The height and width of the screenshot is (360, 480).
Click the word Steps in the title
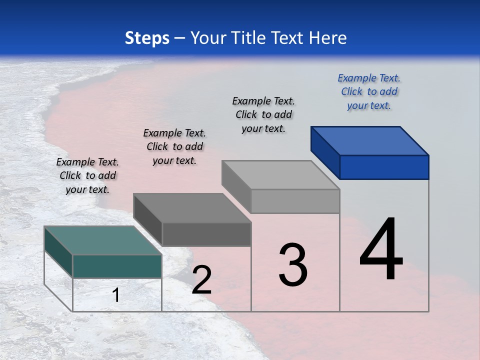pyautogui.click(x=147, y=38)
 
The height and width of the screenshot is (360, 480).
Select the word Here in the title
pyautogui.click(x=328, y=38)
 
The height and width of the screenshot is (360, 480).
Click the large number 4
pyautogui.click(x=381, y=250)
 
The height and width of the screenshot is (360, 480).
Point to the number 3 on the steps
pyautogui.click(x=293, y=265)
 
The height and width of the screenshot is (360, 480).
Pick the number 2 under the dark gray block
pyautogui.click(x=201, y=280)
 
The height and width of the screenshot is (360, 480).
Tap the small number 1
pyautogui.click(x=115, y=295)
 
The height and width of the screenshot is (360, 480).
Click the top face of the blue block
pyautogui.click(x=370, y=140)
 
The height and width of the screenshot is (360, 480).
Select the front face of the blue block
pyautogui.click(x=384, y=167)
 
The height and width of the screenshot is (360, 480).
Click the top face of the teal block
pyautogui.click(x=103, y=240)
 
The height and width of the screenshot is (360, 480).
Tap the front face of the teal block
pyautogui.click(x=117, y=266)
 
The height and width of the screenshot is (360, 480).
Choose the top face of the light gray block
pyautogui.click(x=280, y=175)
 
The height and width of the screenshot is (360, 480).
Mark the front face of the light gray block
pyautogui.click(x=295, y=201)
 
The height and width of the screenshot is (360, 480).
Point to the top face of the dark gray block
pyautogui.click(x=192, y=208)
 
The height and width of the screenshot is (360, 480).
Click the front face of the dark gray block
pyautogui.click(x=206, y=234)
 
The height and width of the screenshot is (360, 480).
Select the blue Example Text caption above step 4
pyautogui.click(x=369, y=91)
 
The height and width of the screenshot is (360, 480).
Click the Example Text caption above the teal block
pyautogui.click(x=87, y=175)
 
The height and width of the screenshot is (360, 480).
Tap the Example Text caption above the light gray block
pyautogui.click(x=263, y=114)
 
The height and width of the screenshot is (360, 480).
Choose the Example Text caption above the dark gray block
pyautogui.click(x=174, y=146)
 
